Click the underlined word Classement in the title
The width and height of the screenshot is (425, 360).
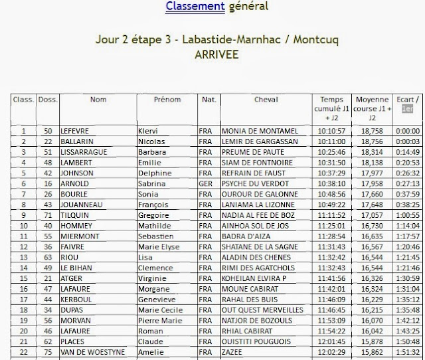195,7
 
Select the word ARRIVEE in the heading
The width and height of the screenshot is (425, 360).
217,55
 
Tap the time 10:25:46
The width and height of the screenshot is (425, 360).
331,152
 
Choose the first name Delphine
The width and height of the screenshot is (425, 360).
154,173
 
